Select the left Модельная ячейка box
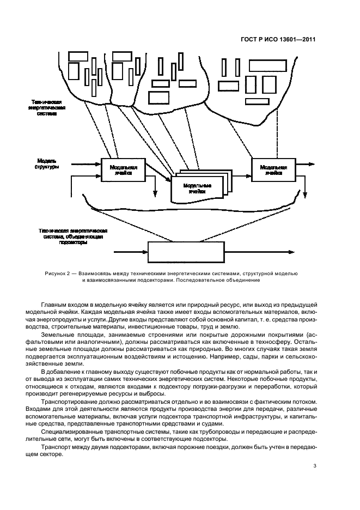pos(123,170)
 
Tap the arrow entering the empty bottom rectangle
pos(131,252)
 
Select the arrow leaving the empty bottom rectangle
pos(256,252)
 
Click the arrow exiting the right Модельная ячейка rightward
pos(305,163)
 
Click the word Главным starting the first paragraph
pos(53,303)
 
